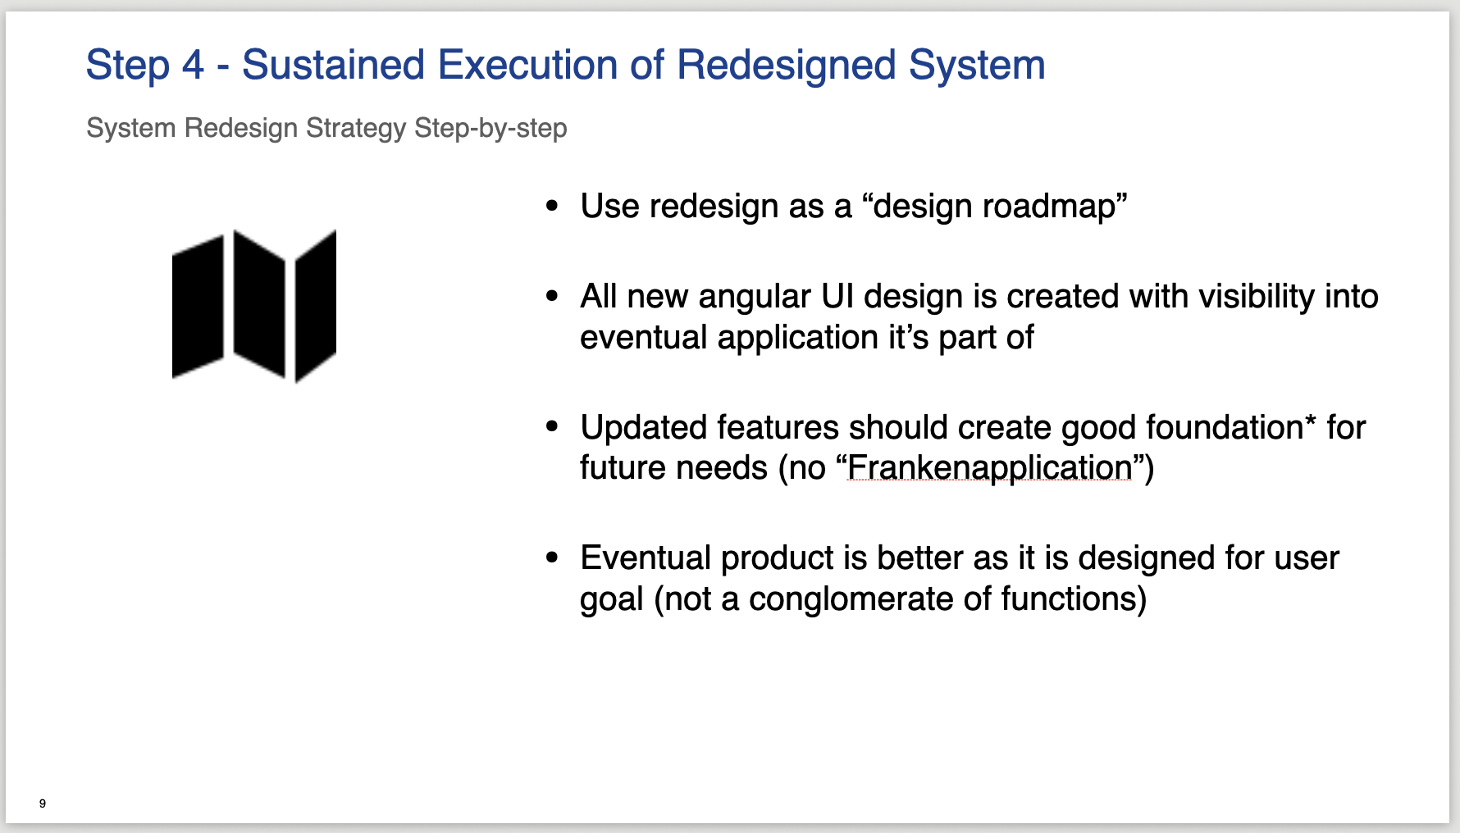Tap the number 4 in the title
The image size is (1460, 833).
(193, 65)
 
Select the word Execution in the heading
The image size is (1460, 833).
(527, 65)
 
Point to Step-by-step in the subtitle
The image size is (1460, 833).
(490, 129)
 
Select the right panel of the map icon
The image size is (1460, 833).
(316, 306)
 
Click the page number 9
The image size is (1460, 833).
(43, 803)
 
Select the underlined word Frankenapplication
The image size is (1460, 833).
(989, 467)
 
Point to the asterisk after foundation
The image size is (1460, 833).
(1310, 420)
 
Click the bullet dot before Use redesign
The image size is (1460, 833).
(552, 207)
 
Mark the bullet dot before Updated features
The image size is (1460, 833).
(552, 427)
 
